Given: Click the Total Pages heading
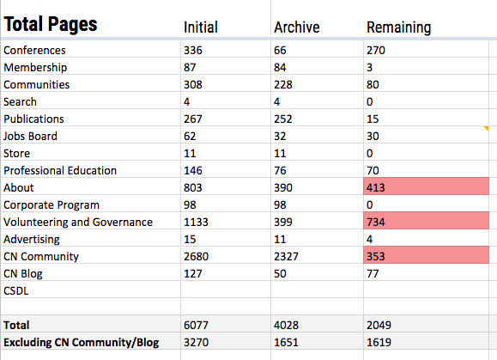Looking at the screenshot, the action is pos(51,25).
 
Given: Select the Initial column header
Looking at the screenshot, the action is pos(201,27).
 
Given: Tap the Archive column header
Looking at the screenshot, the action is pos(297,27).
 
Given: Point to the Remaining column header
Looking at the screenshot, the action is pos(399,27).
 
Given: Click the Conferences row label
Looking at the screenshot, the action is pos(34,50).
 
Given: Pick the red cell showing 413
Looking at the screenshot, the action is pos(426,186).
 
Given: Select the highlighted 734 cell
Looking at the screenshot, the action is pos(426,221).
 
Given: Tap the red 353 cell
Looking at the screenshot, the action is pos(426,255).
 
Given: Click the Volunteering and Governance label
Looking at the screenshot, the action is pos(78,222).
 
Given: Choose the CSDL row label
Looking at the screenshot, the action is pos(15,291).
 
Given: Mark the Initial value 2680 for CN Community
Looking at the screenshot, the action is pos(197,256).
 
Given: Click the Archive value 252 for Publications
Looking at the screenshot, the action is pos(283,119).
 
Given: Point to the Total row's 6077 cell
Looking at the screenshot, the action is pos(196,325).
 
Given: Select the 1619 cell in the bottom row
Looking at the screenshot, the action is pos(379,342).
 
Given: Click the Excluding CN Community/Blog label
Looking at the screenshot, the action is pos(82,343).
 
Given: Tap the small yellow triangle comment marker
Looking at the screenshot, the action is pos(486,128).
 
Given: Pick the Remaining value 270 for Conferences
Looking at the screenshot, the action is pos(376,50).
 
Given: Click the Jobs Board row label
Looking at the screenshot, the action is pos(30,136).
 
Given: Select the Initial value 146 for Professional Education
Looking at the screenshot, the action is pos(193,170).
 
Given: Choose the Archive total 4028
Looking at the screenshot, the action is pos(286,325).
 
